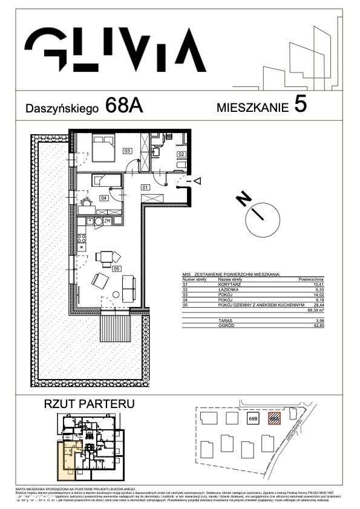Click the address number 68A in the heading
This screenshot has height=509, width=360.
pos(123,105)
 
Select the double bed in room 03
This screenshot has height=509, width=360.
pos(102,145)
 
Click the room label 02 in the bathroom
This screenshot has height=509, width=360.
pos(180,155)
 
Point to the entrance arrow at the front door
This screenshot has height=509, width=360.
pos(197,180)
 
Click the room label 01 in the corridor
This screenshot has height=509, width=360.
pos(145,187)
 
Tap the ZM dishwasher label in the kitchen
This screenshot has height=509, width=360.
pos(107,221)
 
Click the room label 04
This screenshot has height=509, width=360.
pos(103,198)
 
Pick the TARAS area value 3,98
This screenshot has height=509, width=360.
pos(314,321)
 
